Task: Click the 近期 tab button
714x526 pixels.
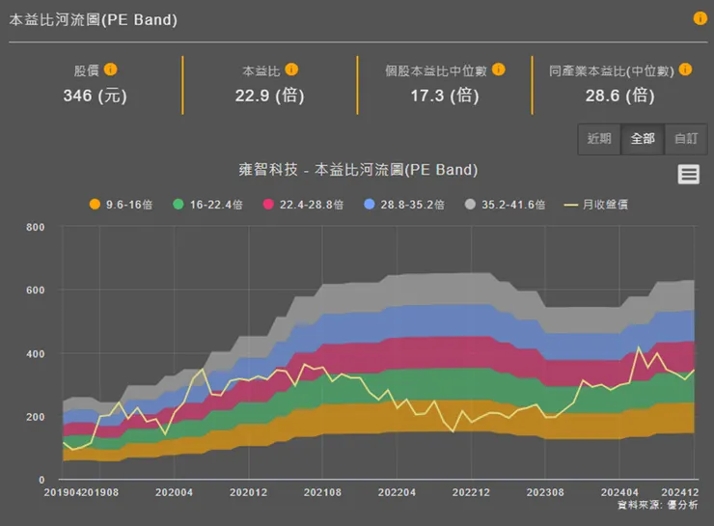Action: [599, 138]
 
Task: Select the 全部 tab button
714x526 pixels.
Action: [643, 138]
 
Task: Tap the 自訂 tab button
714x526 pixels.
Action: [686, 138]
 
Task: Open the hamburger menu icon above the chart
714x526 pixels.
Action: [688, 174]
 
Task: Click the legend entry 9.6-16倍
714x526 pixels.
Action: [122, 205]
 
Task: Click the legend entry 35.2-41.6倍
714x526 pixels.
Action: [505, 205]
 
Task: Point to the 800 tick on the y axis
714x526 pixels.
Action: [36, 228]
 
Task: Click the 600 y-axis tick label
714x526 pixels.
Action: [36, 291]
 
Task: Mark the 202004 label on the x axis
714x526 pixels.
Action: [174, 492]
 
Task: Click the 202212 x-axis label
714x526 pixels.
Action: [471, 492]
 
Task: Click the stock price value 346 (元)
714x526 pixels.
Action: [95, 95]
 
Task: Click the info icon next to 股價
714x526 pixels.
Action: [111, 69]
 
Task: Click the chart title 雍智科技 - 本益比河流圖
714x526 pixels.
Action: [358, 170]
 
